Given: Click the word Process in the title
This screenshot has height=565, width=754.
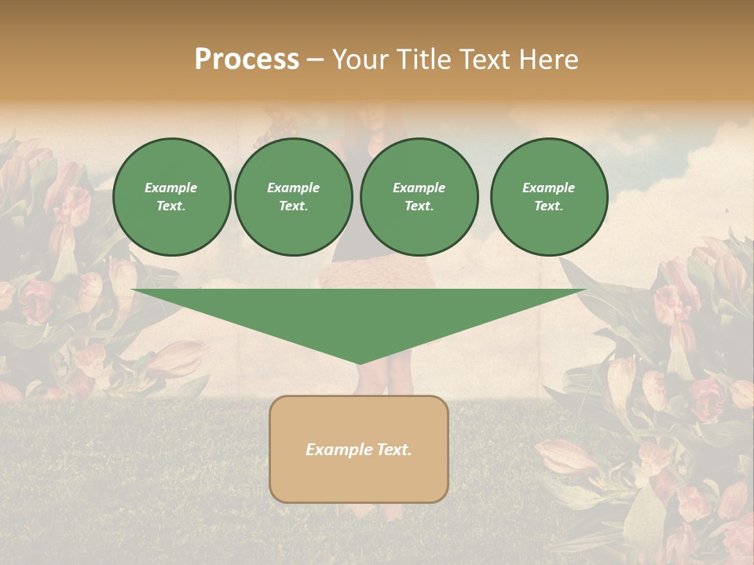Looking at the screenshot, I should [x=247, y=60].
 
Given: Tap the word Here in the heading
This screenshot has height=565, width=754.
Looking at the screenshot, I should [x=547, y=60].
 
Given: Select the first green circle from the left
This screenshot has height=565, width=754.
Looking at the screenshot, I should [x=171, y=197].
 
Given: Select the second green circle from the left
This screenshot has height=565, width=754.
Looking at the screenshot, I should [x=293, y=197].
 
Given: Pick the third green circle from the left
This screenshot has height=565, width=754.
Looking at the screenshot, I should [x=419, y=197].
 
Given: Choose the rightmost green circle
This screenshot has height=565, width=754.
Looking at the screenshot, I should [x=548, y=197].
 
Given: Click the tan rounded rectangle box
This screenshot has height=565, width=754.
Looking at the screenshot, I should [x=359, y=449].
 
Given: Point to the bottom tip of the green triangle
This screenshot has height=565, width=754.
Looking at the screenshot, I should [x=359, y=363].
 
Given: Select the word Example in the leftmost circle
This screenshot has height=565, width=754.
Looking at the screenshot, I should [x=171, y=188].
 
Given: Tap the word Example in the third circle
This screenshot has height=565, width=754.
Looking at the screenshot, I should [x=419, y=188].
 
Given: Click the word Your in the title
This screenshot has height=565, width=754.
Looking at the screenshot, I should [x=358, y=60].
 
